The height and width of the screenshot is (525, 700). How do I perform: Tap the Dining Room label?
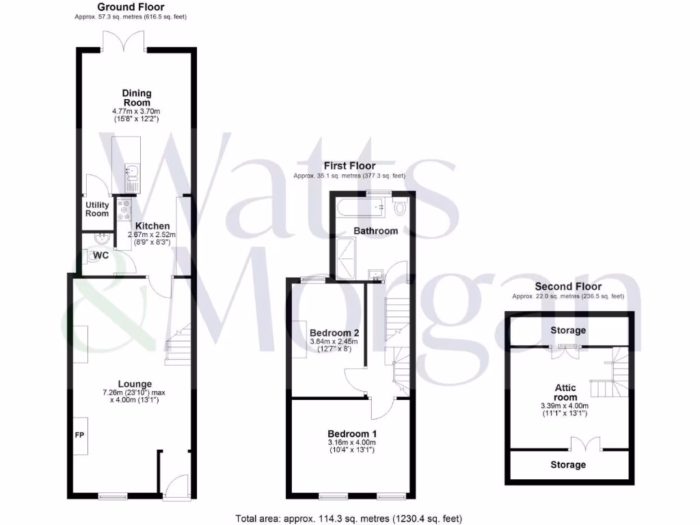click(x=137, y=98)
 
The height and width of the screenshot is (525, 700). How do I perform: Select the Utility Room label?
click(x=97, y=209)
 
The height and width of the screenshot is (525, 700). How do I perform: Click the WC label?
click(x=101, y=255)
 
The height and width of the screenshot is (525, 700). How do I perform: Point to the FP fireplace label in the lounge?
click(x=79, y=434)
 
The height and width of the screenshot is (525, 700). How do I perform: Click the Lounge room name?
click(x=135, y=383)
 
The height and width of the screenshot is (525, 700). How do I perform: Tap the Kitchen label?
click(x=152, y=226)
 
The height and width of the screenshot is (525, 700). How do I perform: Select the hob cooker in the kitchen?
click(x=124, y=209)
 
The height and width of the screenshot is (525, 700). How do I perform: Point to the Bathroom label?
click(x=375, y=231)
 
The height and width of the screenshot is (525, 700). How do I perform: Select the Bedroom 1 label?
click(x=351, y=433)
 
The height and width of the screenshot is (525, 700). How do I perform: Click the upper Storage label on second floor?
click(x=568, y=330)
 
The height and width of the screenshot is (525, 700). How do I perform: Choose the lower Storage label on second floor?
click(x=568, y=465)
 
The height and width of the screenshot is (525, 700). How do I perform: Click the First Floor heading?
click(x=349, y=166)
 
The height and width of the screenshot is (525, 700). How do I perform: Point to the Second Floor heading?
click(x=568, y=286)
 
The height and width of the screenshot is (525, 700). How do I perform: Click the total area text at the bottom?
click(x=353, y=518)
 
